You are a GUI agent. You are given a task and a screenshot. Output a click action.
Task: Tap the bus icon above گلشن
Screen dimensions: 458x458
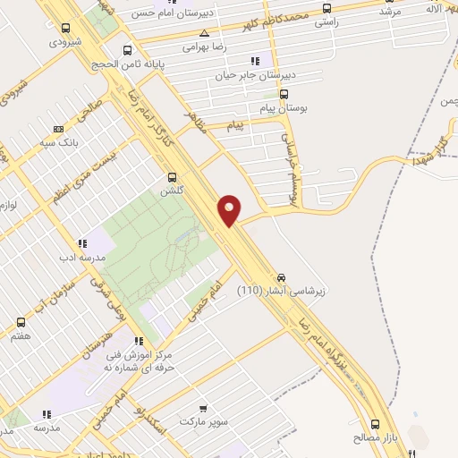tap(172, 176)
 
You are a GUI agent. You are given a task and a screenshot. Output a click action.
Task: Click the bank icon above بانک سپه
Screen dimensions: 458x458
tap(59, 129)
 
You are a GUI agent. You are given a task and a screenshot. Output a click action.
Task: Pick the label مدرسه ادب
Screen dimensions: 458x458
tap(81, 257)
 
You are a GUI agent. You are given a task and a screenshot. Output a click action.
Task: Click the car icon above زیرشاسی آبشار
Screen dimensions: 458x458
tap(283, 276)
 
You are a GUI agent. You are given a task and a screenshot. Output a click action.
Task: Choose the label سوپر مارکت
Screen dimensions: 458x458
tap(205, 420)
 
